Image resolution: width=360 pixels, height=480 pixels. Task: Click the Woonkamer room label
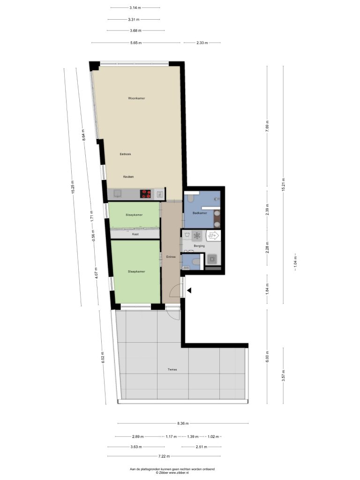click(136, 98)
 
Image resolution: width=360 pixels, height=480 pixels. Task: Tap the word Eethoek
click(126, 154)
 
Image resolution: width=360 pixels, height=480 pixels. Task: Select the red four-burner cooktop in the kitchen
click(145, 194)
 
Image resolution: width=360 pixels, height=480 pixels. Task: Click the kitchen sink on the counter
click(118, 193)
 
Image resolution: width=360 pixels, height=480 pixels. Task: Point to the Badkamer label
click(200, 213)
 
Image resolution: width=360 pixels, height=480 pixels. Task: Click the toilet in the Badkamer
click(190, 199)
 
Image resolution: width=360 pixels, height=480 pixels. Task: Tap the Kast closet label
click(135, 234)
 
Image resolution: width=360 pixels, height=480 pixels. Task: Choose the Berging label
click(199, 246)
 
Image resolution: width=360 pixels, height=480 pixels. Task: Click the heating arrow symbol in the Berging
click(213, 235)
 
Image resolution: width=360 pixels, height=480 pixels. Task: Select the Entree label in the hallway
click(171, 257)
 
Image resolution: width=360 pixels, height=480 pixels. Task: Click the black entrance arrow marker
click(189, 290)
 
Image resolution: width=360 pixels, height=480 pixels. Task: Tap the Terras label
click(172, 369)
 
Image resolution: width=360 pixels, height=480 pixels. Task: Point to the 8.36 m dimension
click(183, 423)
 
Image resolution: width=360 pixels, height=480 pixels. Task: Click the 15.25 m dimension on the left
click(73, 187)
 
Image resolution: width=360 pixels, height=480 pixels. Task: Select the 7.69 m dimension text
click(267, 126)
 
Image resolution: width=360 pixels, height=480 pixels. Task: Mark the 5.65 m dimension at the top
click(136, 43)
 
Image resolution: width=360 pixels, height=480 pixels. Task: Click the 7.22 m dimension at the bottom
click(164, 456)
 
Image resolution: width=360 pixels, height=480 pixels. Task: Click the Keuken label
click(128, 177)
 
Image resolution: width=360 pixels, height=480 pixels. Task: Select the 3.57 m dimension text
click(284, 375)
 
